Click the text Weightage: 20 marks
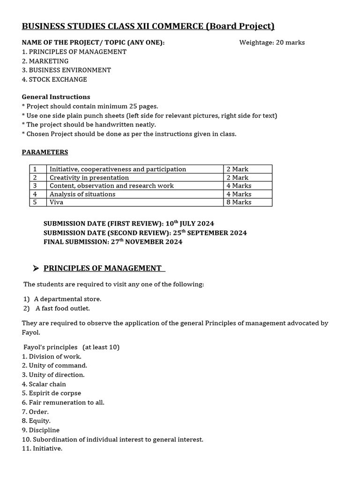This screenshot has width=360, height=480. pos(272,43)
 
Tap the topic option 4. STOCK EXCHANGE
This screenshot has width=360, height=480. pos(54,79)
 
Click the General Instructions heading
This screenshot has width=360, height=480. pos(56,97)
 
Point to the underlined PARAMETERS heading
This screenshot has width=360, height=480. pos(45,152)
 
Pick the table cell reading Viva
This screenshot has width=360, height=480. pos(57,202)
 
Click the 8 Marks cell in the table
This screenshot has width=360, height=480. pos(239,202)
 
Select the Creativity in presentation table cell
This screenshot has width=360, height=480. pos(89,178)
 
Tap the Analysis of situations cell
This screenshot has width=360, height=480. pos(82,194)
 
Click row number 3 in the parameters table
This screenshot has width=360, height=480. pos(34,186)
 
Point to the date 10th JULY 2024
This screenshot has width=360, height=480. pos(187,224)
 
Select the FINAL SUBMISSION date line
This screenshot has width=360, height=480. pos(113,242)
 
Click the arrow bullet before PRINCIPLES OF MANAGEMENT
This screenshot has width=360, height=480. pos(36,268)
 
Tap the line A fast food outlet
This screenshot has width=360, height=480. pos(62,308)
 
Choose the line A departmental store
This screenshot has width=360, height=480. pos(67,299)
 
